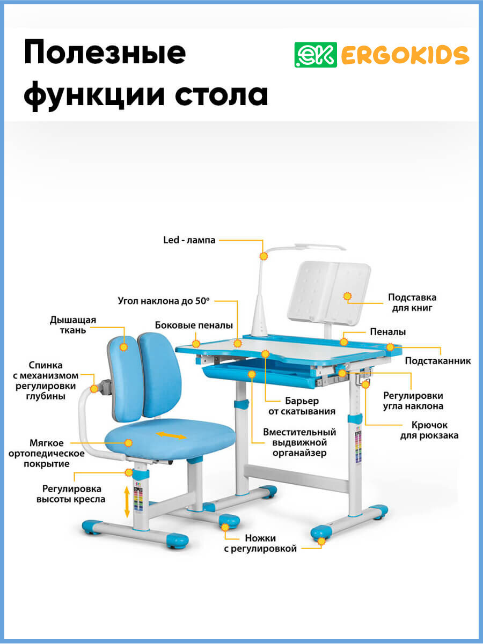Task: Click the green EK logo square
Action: pyautogui.click(x=316, y=54)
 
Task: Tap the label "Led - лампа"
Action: pyautogui.click(x=189, y=240)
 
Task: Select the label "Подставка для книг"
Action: pyautogui.click(x=412, y=302)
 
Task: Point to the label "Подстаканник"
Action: pyautogui.click(x=438, y=361)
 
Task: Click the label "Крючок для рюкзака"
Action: pyautogui.click(x=429, y=430)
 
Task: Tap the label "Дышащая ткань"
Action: pyautogui.click(x=73, y=325)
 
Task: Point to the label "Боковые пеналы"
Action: pyautogui.click(x=194, y=325)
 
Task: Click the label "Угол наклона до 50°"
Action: pyautogui.click(x=164, y=301)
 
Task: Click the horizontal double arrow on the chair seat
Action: pyautogui.click(x=171, y=435)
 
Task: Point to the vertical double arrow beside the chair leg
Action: pyautogui.click(x=127, y=501)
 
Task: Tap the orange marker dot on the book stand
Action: pyautogui.click(x=347, y=295)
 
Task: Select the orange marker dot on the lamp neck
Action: pyautogui.click(x=264, y=257)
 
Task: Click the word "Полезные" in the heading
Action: pyautogui.click(x=105, y=54)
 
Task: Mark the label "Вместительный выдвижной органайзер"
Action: pyautogui.click(x=299, y=442)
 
